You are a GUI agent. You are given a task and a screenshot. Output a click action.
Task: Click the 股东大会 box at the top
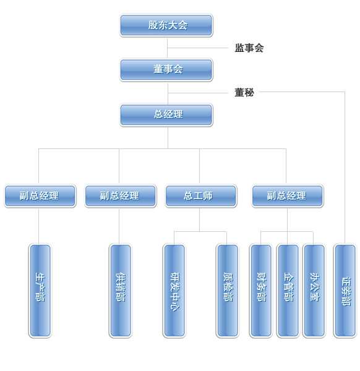click(x=166, y=25)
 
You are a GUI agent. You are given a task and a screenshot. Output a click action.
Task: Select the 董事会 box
click(x=166, y=70)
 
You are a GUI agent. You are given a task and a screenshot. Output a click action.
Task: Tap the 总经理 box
click(x=166, y=115)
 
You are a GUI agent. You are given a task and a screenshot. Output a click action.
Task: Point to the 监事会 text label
click(x=249, y=48)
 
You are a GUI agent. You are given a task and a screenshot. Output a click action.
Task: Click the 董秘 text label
click(x=244, y=92)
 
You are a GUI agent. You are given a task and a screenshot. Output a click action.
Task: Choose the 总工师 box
click(x=200, y=196)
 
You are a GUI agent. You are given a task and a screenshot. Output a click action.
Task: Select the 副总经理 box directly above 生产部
click(x=40, y=196)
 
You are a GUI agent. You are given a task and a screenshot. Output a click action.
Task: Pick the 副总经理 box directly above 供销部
click(x=121, y=196)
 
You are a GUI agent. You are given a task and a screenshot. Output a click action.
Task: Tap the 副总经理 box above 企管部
click(x=288, y=196)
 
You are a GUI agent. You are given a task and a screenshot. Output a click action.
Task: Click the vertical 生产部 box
click(x=40, y=291)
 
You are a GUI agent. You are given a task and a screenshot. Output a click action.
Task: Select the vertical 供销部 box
click(x=121, y=291)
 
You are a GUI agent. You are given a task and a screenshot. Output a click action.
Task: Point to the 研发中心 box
click(x=174, y=291)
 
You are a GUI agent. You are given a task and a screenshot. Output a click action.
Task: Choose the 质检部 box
click(x=228, y=291)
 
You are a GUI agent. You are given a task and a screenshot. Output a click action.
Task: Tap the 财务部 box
click(x=261, y=291)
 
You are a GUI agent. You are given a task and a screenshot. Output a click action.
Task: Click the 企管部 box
click(x=288, y=291)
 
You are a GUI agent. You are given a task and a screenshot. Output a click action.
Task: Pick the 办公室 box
click(x=314, y=291)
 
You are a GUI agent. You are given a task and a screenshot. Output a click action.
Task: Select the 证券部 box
click(x=345, y=291)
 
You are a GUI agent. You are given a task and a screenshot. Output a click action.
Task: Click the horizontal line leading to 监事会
click(x=198, y=48)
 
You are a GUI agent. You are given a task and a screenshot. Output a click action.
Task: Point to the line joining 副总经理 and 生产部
click(x=38, y=226)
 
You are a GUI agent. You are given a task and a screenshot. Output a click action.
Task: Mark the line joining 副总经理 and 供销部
click(x=119, y=226)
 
